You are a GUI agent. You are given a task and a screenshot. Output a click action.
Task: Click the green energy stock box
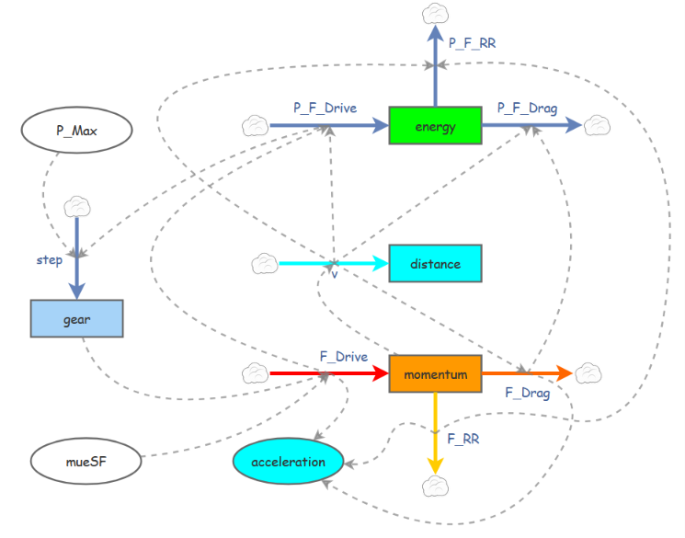[x=435, y=125]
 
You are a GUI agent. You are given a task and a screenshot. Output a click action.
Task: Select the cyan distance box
[x=435, y=263]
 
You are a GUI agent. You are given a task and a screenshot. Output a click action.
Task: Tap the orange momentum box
[x=435, y=373]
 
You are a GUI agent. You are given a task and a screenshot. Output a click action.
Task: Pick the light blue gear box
[x=77, y=318]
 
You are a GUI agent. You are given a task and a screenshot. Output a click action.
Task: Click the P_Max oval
[x=77, y=131]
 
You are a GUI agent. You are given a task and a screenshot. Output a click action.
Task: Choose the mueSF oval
[x=86, y=461]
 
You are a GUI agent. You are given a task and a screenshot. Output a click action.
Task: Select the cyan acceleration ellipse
[x=289, y=461]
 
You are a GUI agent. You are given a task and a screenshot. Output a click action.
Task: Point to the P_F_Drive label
[x=325, y=108]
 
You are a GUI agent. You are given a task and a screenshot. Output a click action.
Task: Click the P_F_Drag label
[x=527, y=108]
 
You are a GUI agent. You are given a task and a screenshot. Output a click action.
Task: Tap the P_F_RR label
[x=473, y=43]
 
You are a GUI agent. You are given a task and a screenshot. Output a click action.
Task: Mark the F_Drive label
[x=344, y=357]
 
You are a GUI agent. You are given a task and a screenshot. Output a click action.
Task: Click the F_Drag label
[x=527, y=393]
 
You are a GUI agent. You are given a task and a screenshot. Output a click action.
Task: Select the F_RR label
[x=463, y=439]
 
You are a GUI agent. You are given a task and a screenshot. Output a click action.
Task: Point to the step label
[x=50, y=260]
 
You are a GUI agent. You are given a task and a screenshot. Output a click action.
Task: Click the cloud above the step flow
[x=77, y=207]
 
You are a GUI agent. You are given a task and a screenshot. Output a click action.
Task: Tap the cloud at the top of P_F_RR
[x=435, y=14]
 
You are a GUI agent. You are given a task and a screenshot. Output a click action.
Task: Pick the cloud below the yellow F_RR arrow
[x=435, y=486]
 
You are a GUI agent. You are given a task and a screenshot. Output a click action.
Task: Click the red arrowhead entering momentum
[x=380, y=373]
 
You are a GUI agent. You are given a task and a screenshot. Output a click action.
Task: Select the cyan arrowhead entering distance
[x=380, y=263]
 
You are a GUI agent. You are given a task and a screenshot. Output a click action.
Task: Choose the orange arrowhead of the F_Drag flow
[x=564, y=373]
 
